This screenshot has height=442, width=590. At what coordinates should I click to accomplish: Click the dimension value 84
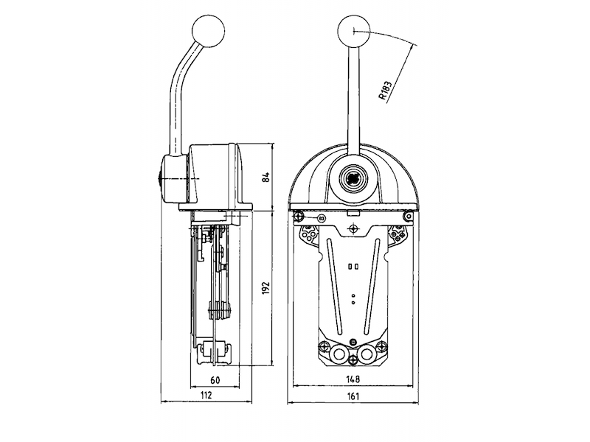tap(267, 178)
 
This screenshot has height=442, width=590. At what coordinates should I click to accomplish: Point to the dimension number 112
tap(207, 396)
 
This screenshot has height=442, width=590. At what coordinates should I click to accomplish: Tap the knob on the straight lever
tap(353, 31)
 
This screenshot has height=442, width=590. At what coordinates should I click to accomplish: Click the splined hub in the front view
tap(353, 178)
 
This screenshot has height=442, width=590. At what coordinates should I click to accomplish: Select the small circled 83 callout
tap(321, 218)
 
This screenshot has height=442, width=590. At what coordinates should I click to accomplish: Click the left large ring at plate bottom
tap(339, 354)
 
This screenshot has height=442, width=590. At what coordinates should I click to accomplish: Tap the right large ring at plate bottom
tap(367, 354)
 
